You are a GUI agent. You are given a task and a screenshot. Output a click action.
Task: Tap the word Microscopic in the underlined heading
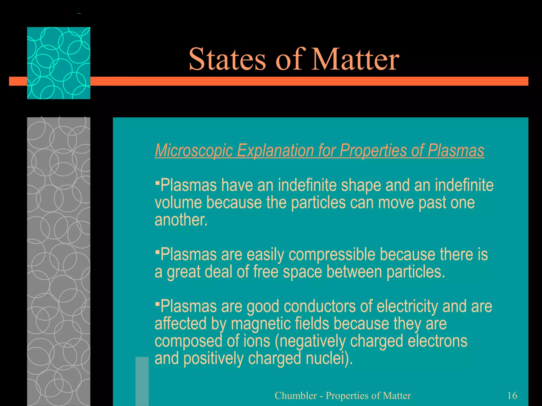tap(193, 150)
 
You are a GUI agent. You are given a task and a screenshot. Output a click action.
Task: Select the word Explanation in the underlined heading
tap(275, 150)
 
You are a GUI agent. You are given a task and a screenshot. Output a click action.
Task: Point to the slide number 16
tap(512, 396)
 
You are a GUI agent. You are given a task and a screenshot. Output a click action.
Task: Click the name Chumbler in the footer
tap(296, 396)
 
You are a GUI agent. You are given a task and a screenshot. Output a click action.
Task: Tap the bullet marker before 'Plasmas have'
tap(157, 182)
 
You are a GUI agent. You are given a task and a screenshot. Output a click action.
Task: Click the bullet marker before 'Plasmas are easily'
tap(157, 252)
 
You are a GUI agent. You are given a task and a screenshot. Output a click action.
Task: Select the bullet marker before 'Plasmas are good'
tap(157, 304)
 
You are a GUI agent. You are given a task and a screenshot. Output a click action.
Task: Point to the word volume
tap(178, 203)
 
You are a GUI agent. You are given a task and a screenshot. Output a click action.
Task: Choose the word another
tap(181, 220)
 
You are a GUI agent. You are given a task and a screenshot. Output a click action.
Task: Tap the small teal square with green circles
tap(58, 63)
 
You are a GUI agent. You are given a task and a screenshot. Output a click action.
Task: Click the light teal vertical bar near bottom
tap(142, 381)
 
